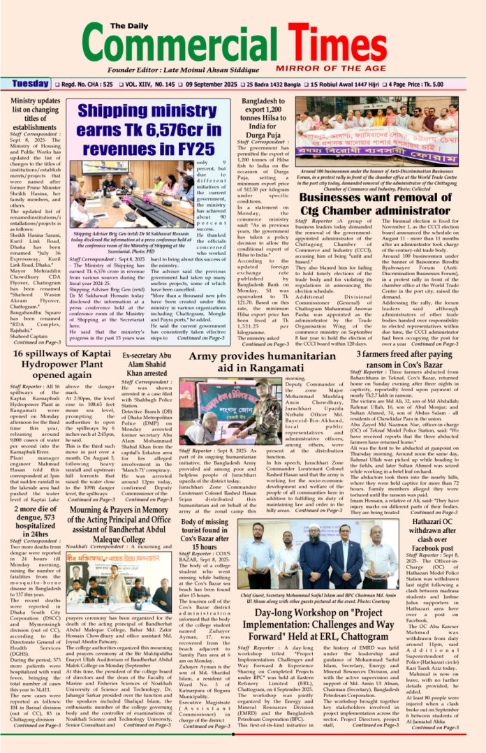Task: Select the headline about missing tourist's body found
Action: pyautogui.click(x=207, y=533)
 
